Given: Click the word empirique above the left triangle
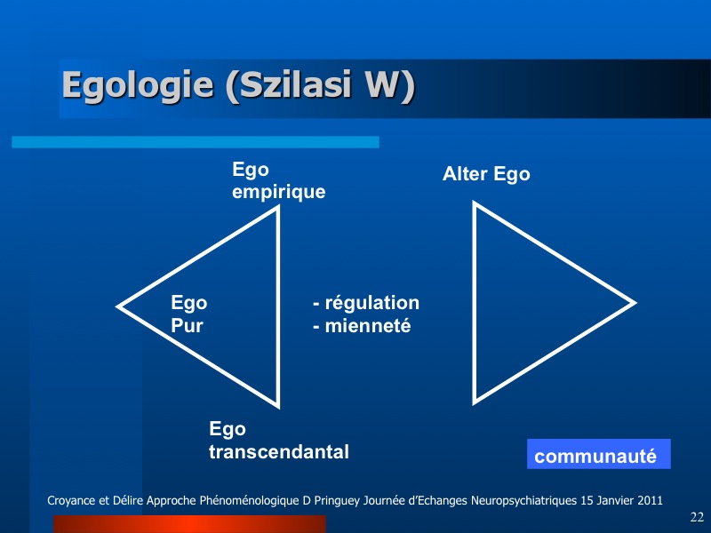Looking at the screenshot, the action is tap(278, 192).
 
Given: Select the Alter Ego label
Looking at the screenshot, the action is tap(486, 174).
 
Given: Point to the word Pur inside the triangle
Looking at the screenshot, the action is tap(187, 325).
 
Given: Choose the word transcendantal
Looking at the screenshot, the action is tap(279, 452).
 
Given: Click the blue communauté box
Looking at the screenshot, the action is tap(598, 454).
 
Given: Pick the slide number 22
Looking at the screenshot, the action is tap(697, 517).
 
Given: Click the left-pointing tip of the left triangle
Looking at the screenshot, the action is tap(118, 306).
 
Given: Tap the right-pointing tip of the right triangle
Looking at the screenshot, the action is tap(635, 303).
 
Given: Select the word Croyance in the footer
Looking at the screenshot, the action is tap(71, 501).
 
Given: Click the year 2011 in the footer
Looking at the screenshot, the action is tap(650, 501).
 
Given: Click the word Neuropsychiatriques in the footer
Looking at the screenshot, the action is tap(523, 501).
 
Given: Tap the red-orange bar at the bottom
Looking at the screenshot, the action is tap(189, 524).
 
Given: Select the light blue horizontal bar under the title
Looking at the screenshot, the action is tap(196, 142).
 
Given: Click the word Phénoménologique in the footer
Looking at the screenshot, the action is tap(249, 501).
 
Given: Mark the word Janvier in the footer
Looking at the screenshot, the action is tap(615, 501).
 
